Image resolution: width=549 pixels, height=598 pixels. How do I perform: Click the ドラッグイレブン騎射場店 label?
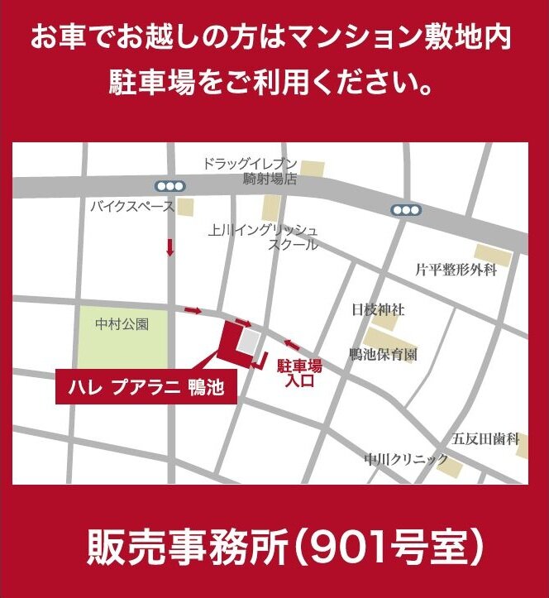(x=250, y=170)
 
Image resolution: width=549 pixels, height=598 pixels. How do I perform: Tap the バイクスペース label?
(x=132, y=206)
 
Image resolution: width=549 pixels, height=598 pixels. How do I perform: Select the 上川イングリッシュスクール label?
(x=263, y=237)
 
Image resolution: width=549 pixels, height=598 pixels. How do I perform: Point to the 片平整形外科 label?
(x=456, y=270)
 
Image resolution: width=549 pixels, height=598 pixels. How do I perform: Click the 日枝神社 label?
(x=378, y=310)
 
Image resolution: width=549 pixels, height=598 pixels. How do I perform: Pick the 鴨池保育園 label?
(x=382, y=354)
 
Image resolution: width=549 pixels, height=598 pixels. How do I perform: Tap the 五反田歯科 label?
(x=485, y=438)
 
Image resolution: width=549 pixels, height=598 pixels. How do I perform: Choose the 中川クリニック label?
(x=406, y=459)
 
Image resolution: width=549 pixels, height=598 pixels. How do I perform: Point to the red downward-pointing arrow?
(x=171, y=246)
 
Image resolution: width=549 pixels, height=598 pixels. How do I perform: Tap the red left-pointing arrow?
(x=292, y=343)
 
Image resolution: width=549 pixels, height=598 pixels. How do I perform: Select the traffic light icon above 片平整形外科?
(x=406, y=210)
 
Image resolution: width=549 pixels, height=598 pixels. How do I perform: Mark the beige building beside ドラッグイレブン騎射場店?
(x=313, y=170)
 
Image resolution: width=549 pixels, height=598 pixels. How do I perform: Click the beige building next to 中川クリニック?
(x=451, y=466)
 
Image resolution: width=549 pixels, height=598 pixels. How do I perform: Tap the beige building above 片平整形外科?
(x=493, y=255)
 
